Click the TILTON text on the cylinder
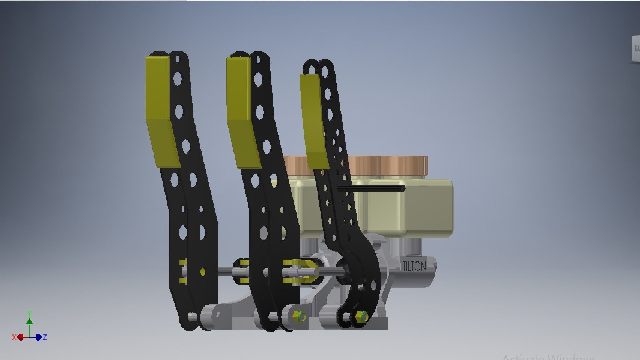pos(414,266)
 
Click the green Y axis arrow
pos(30,321)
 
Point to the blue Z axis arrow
pos(39,337)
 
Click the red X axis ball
pos(21,337)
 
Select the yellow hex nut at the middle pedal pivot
pos(298,315)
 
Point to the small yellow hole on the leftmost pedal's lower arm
pos(203,272)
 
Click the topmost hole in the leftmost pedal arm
pos(177,60)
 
